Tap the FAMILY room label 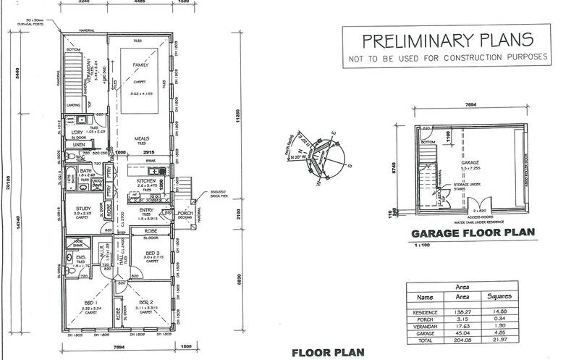click(x=140, y=64)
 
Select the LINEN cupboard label click(x=79, y=145)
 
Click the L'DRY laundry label click(x=77, y=132)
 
